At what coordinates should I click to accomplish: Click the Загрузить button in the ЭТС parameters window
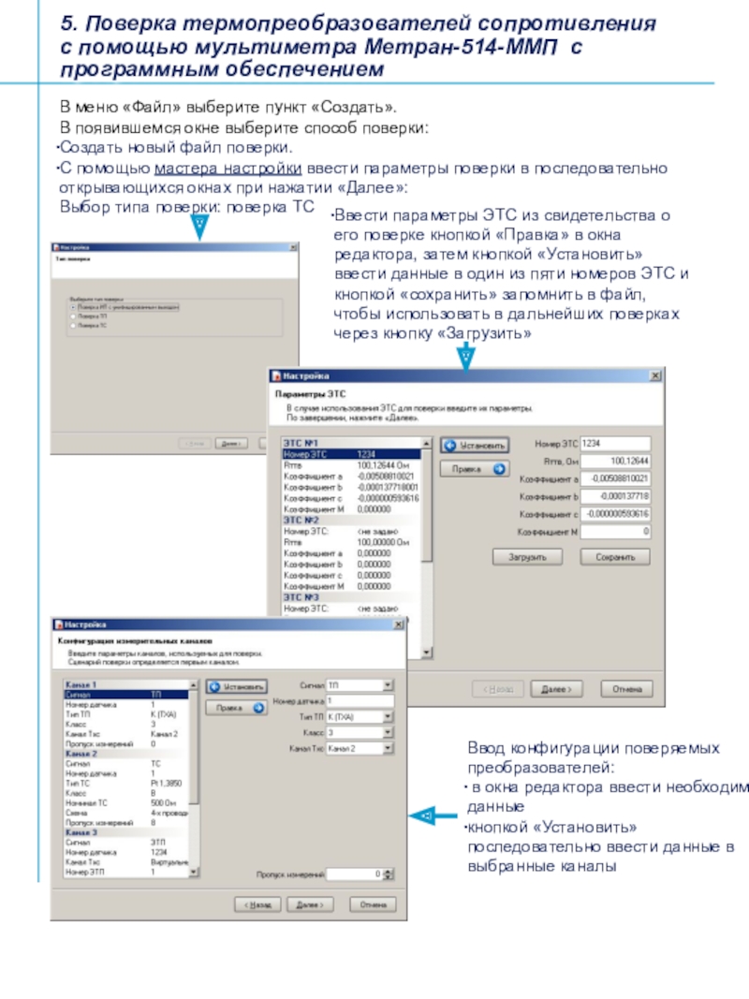pos(528,556)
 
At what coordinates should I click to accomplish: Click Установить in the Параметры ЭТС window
pos(475,447)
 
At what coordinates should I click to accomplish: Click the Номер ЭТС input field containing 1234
pos(614,442)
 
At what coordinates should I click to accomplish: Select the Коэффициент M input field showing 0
pos(614,532)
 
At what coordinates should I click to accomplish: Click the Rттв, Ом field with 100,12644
pos(614,461)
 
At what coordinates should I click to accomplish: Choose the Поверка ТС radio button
pos(73,325)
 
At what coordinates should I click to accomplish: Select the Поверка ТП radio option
pos(73,316)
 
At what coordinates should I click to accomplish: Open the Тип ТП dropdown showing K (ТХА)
pos(360,716)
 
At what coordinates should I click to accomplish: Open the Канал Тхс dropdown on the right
pos(360,749)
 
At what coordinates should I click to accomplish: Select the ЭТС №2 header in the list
pos(301,519)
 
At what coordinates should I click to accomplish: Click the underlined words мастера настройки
pos(228,169)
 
